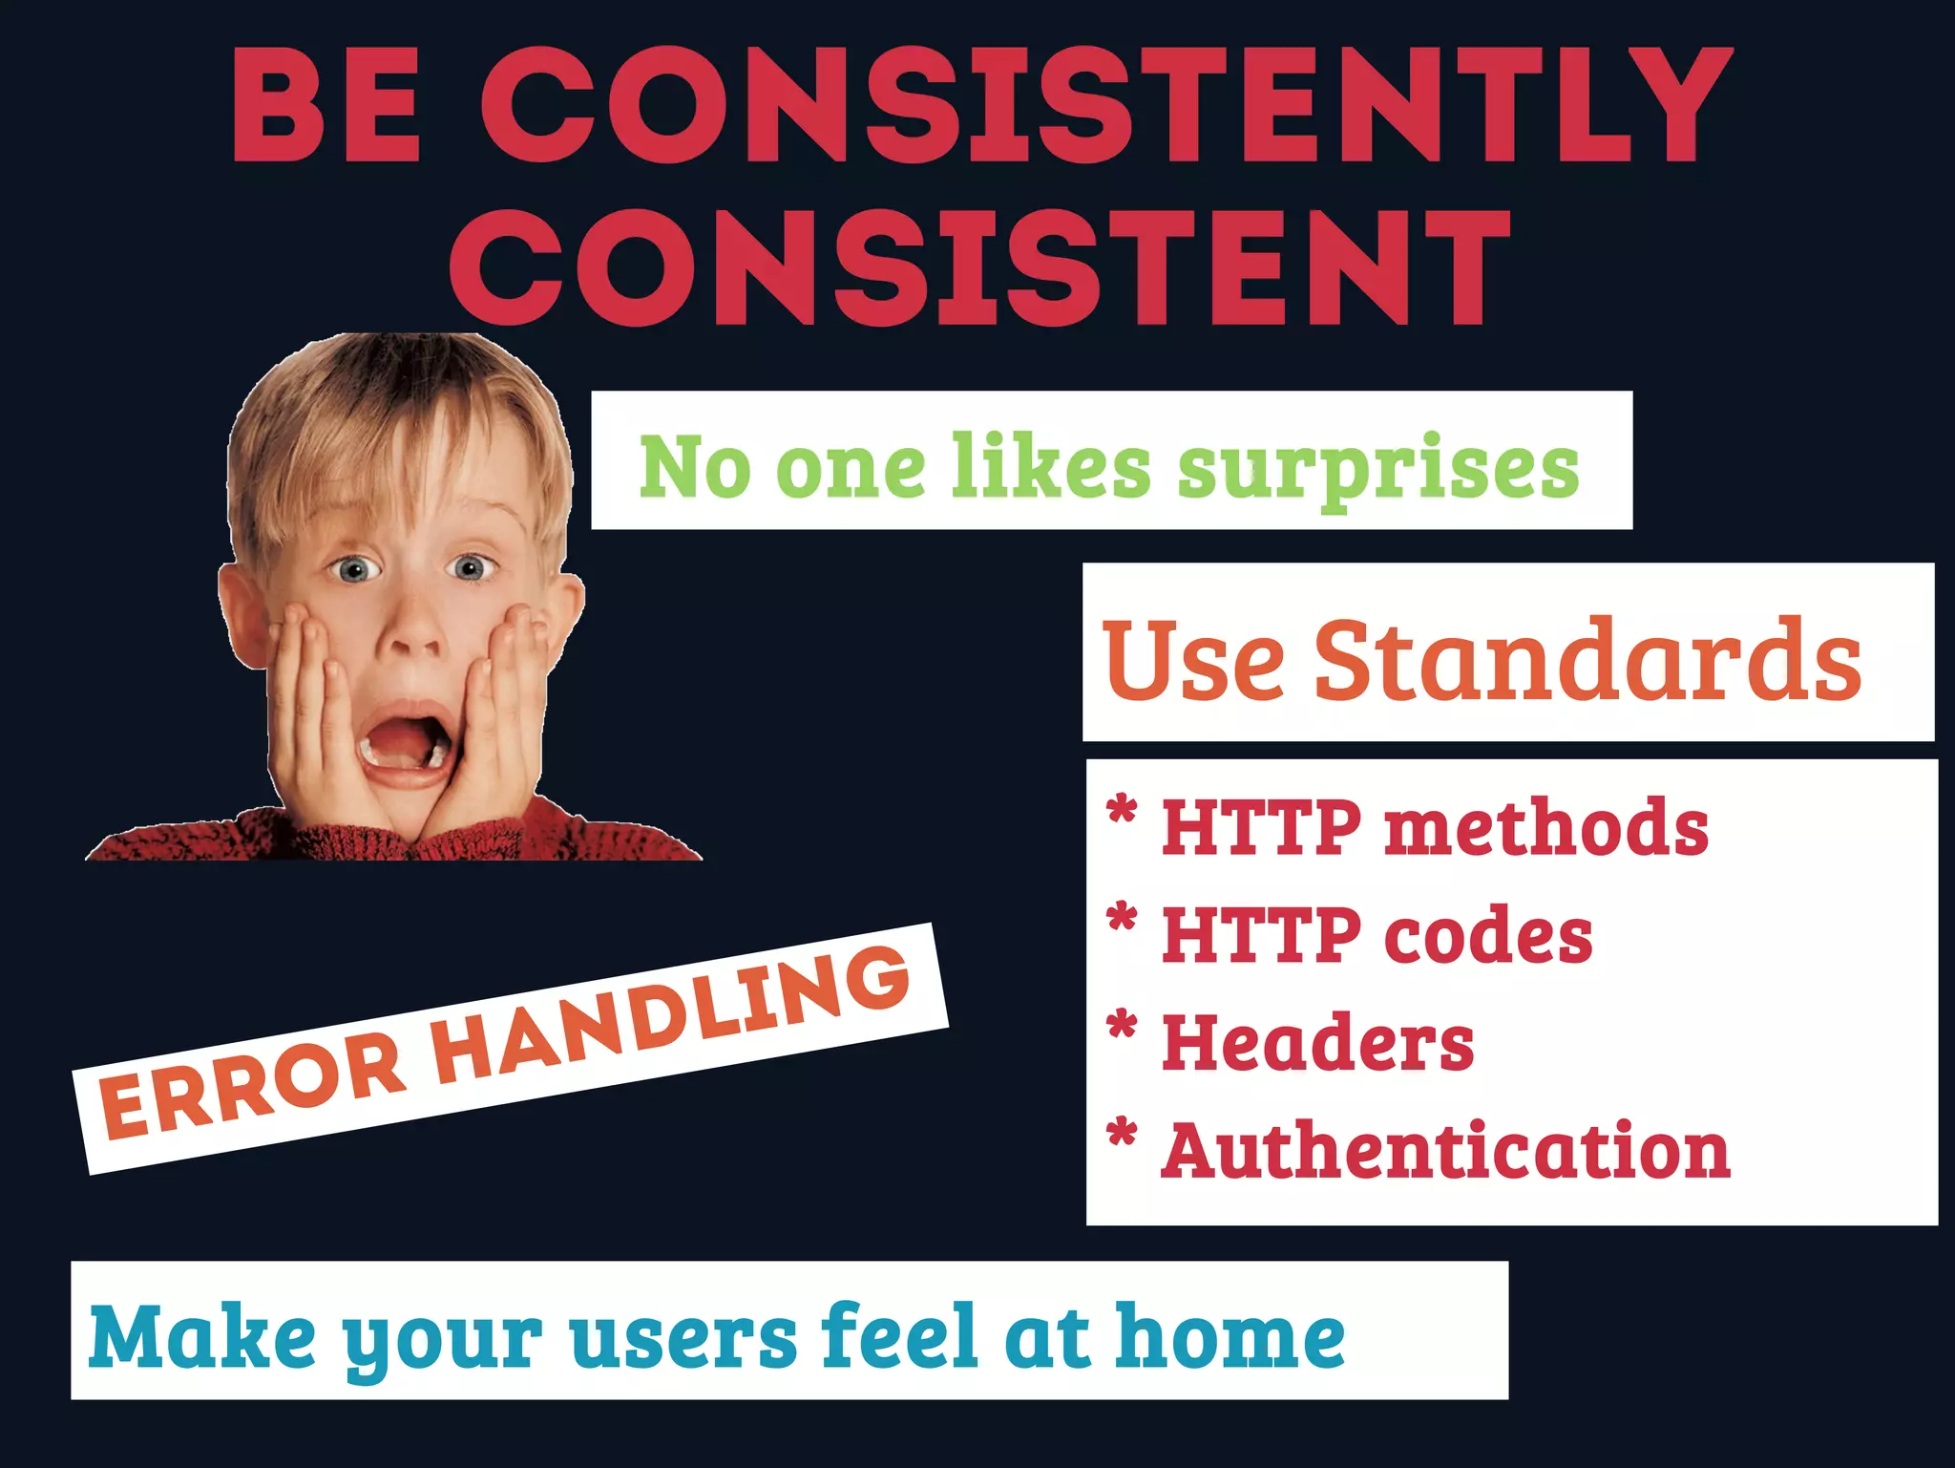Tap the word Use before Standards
coord(1193,659)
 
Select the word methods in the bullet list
coord(1546,826)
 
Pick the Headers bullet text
coord(1317,1042)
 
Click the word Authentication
coord(1445,1150)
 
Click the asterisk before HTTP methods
coord(1123,811)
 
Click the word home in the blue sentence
coord(1230,1336)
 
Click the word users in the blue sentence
coord(683,1336)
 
